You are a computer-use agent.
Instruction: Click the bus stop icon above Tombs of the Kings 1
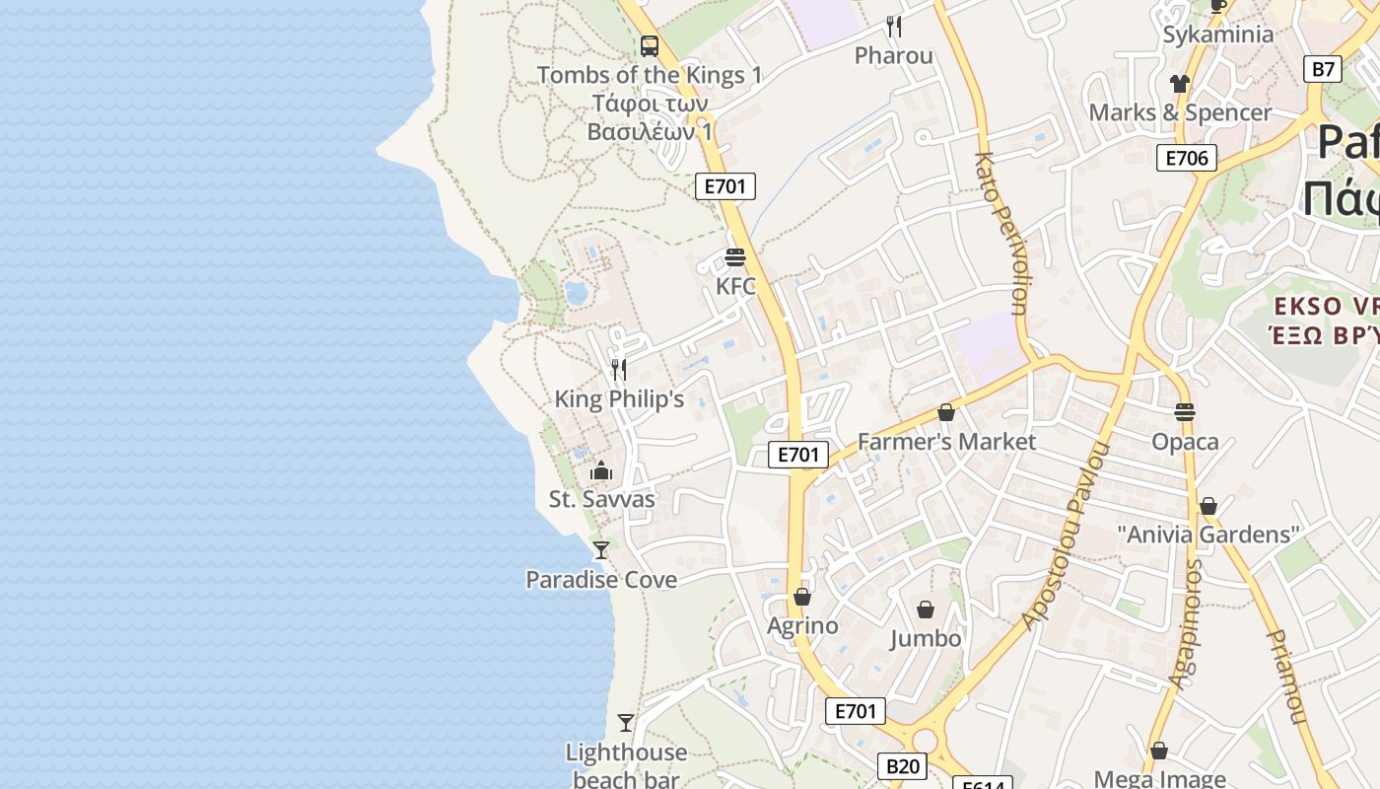pyautogui.click(x=650, y=45)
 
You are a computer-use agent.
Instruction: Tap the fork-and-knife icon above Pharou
pyautogui.click(x=894, y=26)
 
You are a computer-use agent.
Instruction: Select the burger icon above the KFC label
pyautogui.click(x=735, y=258)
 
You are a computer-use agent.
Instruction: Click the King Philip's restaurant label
pyautogui.click(x=619, y=399)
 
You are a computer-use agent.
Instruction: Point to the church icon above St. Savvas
pyautogui.click(x=601, y=470)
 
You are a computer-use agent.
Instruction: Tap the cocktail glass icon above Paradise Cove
pyautogui.click(x=601, y=549)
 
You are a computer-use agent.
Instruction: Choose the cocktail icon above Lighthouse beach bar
pyautogui.click(x=626, y=723)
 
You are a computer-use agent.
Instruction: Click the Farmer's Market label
pyautogui.click(x=946, y=442)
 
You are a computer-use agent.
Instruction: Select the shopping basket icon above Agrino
pyautogui.click(x=802, y=597)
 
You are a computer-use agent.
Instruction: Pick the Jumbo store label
pyautogui.click(x=926, y=639)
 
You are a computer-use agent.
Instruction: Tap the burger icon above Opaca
pyautogui.click(x=1185, y=412)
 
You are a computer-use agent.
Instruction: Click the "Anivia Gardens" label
pyautogui.click(x=1208, y=535)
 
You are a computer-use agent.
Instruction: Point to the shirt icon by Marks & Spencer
pyautogui.click(x=1180, y=84)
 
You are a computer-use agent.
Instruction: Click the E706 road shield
pyautogui.click(x=1187, y=158)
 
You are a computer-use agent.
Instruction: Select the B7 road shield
pyautogui.click(x=1323, y=69)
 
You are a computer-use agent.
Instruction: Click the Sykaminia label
pyautogui.click(x=1218, y=35)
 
